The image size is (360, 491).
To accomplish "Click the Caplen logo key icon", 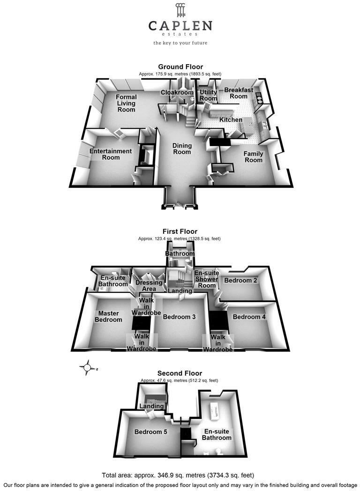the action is [x=180, y=10].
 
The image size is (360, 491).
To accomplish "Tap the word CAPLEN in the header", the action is [x=180, y=26].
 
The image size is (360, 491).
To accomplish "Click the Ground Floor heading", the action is [x=180, y=67].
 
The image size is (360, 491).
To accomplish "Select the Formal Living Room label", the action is [x=126, y=104].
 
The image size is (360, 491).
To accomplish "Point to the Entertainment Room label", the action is [x=111, y=154].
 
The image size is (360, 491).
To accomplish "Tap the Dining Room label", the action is [x=182, y=149].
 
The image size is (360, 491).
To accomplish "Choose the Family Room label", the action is [x=254, y=157].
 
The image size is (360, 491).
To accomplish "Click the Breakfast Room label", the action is [x=239, y=93].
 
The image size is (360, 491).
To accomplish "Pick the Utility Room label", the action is [x=208, y=95].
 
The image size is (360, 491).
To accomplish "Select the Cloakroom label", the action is [x=177, y=92].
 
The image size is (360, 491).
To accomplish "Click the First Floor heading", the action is [x=180, y=231].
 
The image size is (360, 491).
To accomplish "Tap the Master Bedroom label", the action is [x=108, y=316].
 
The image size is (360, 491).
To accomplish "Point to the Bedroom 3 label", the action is [x=179, y=317].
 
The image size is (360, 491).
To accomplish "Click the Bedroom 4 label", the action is [x=249, y=317].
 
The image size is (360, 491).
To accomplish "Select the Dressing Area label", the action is [x=149, y=286].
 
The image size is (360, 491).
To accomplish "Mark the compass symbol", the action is [x=88, y=367].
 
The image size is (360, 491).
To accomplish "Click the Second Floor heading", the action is [x=180, y=373].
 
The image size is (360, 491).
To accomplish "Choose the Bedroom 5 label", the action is [x=151, y=432].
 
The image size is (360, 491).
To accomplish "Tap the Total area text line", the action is [x=178, y=476].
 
